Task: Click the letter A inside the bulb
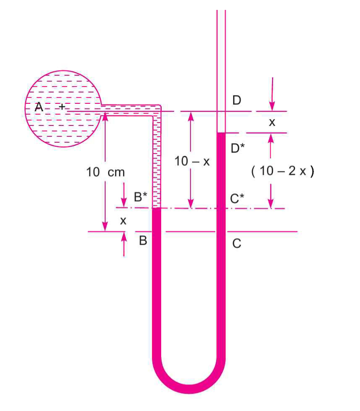pos(39,107)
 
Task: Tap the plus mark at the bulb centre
pos(62,107)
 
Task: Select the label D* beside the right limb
pos(237,148)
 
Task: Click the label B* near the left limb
pos(141,197)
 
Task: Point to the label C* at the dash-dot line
pos(237,198)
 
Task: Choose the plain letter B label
pos(143,240)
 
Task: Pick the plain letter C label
pos(237,243)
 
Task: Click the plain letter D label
pos(237,100)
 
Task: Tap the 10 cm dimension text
pos(105,172)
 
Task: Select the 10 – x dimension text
pos(192,161)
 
